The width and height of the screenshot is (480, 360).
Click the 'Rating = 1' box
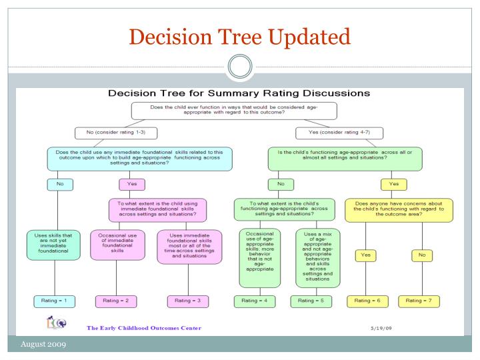tap(55, 301)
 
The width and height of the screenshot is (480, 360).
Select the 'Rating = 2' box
tap(117, 301)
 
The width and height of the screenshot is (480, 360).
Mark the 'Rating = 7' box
tap(423, 301)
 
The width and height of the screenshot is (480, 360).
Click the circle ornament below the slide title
tap(240, 66)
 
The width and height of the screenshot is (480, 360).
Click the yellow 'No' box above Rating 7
tap(423, 255)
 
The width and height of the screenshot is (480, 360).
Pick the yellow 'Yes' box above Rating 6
tap(365, 255)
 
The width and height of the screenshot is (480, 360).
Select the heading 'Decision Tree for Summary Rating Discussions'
tap(240, 93)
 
